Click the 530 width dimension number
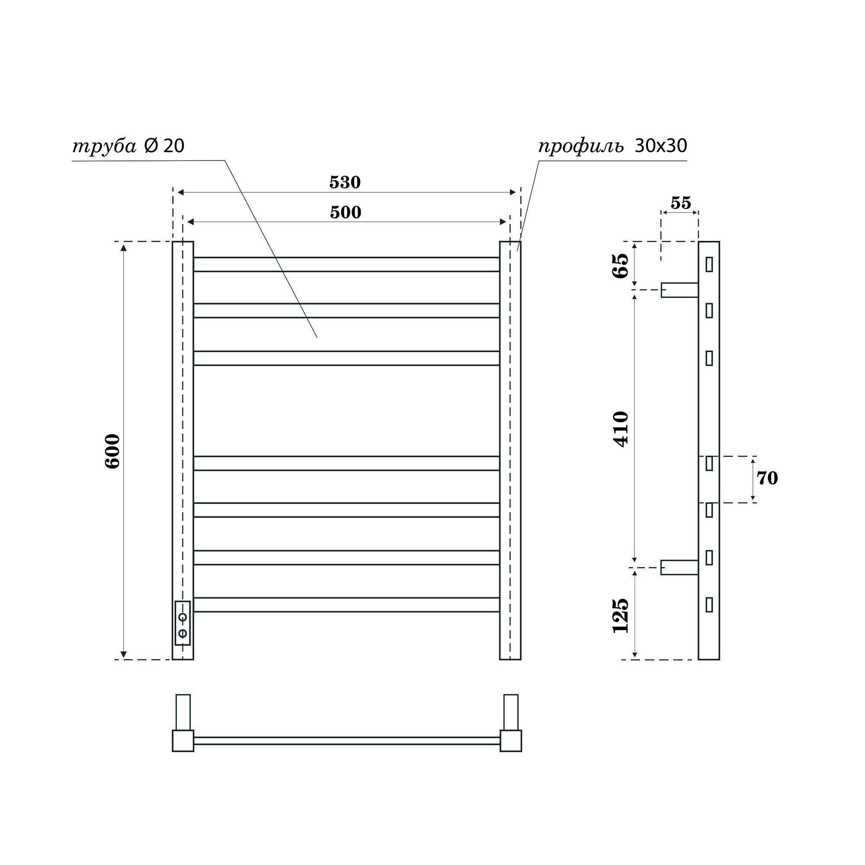[345, 182]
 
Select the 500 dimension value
[345, 212]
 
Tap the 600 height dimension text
[113, 451]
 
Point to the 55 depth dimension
[680, 203]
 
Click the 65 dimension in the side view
[621, 266]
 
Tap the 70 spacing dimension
[767, 478]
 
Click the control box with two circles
[183, 623]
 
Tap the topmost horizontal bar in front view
[346, 264]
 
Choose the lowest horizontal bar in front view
[346, 605]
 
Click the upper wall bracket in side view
[679, 290]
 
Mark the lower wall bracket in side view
[679, 567]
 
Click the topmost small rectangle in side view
[709, 264]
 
